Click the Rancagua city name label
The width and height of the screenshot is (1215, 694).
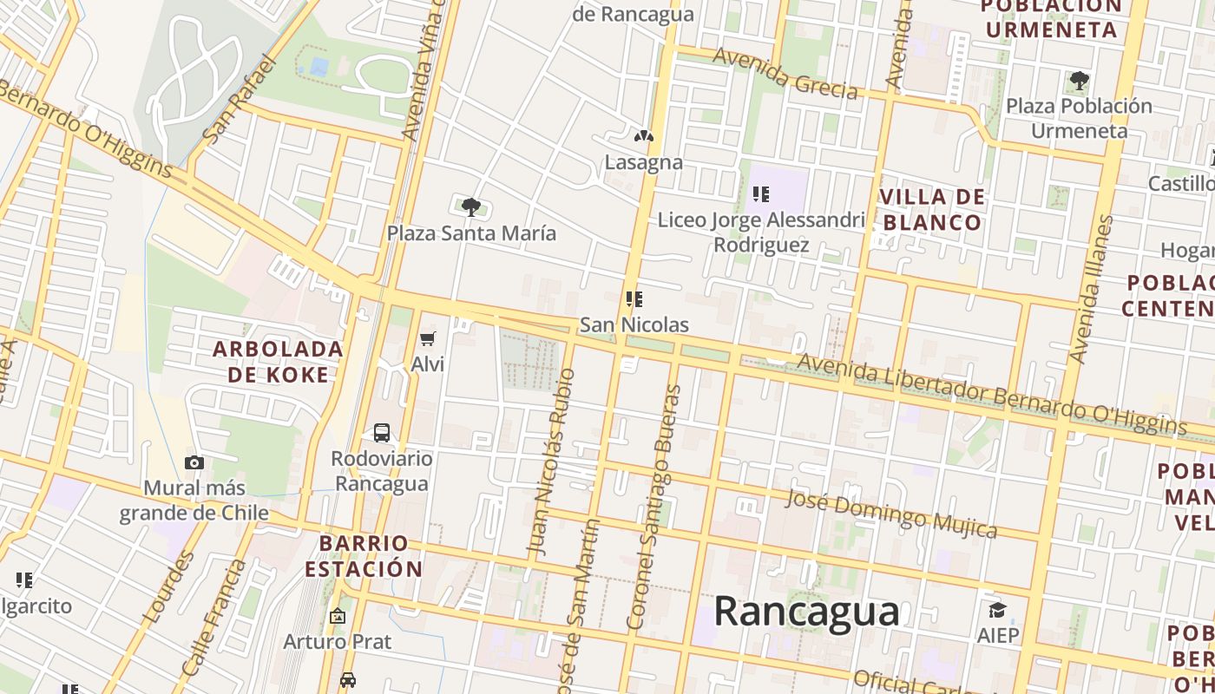pyautogui.click(x=806, y=612)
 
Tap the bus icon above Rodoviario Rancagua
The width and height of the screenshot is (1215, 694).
pyautogui.click(x=381, y=432)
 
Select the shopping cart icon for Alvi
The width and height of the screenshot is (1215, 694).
pyautogui.click(x=427, y=338)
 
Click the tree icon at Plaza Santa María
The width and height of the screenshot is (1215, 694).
pyautogui.click(x=470, y=206)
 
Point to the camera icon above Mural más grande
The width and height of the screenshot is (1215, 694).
pyautogui.click(x=194, y=462)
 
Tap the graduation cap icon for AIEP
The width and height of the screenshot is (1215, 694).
pyautogui.click(x=997, y=609)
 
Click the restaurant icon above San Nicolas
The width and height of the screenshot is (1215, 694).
pyautogui.click(x=634, y=299)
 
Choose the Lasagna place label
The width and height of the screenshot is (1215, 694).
pyautogui.click(x=643, y=162)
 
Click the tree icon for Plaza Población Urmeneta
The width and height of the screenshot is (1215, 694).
pyautogui.click(x=1079, y=82)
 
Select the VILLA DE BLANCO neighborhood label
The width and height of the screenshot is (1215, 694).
pyautogui.click(x=932, y=210)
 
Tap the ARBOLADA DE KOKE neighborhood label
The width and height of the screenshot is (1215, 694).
pyautogui.click(x=278, y=362)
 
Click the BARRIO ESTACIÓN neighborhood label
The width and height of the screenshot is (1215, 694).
pyautogui.click(x=364, y=556)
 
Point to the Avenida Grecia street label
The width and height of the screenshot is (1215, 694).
pyautogui.click(x=785, y=73)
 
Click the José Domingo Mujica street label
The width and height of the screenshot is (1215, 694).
pyautogui.click(x=891, y=512)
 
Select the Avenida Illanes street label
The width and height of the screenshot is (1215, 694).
pyautogui.click(x=1091, y=289)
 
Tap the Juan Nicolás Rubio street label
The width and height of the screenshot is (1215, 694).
pyautogui.click(x=551, y=462)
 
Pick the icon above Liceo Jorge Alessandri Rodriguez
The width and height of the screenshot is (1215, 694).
pyautogui.click(x=761, y=194)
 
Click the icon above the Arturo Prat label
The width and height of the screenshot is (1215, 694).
pyautogui.click(x=337, y=616)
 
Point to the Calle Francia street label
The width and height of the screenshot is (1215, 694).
pyautogui.click(x=213, y=618)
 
